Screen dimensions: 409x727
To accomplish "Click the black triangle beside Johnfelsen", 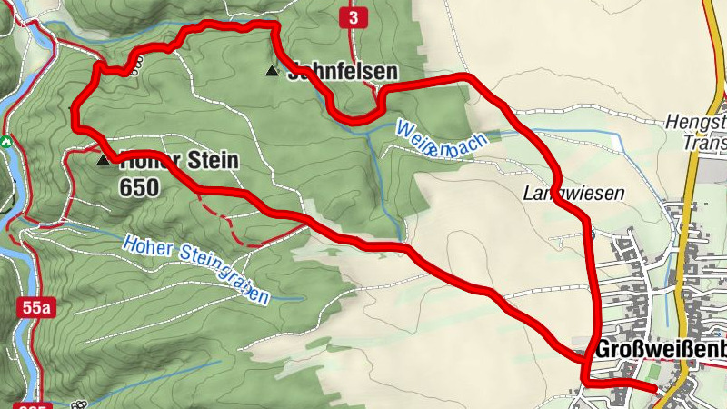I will click(x=271, y=70).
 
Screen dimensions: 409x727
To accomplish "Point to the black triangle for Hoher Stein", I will click(x=104, y=159).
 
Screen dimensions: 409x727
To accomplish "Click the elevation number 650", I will click(x=138, y=188).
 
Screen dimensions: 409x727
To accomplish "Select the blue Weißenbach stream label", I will click(x=442, y=139).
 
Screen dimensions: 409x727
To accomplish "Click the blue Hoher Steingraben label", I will click(x=196, y=268).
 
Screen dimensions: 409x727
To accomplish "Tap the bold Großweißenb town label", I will click(x=662, y=350).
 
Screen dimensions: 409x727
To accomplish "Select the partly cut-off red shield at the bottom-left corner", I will click(x=29, y=404).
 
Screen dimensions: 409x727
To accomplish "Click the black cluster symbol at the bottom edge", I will click(x=79, y=404).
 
